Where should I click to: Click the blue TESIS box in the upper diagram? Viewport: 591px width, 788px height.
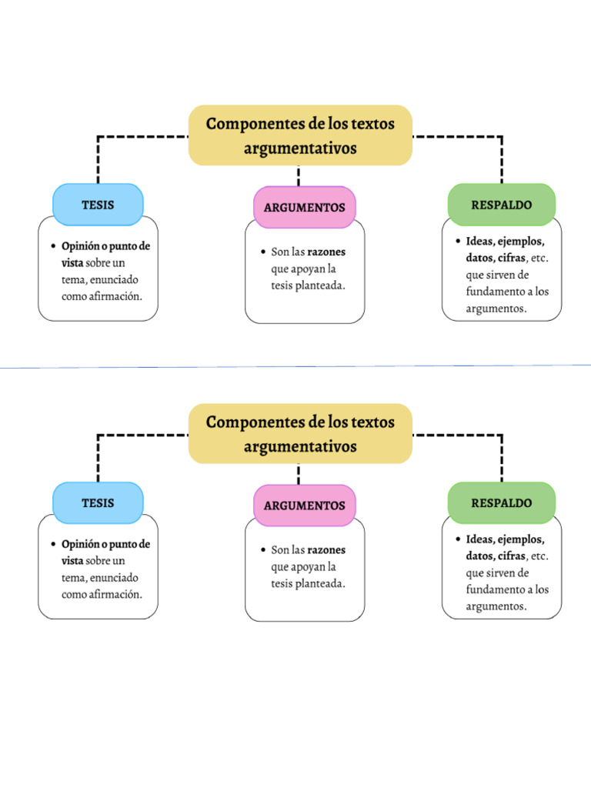tap(98, 205)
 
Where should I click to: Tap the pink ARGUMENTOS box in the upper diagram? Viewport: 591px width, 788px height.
tap(305, 208)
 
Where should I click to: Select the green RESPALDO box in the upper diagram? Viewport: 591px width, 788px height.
tap(502, 205)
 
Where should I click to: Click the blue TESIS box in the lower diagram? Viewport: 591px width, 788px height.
tap(98, 503)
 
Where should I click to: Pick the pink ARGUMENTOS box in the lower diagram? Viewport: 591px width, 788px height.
tap(305, 506)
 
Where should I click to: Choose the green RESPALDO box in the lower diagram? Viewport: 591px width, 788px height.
tap(502, 503)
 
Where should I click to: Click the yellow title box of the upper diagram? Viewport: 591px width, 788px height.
tap(300, 135)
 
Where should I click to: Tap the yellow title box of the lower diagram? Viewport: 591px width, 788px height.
tap(300, 433)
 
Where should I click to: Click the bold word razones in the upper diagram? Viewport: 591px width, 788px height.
tap(326, 252)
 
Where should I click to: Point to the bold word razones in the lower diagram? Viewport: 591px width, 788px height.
tap(326, 550)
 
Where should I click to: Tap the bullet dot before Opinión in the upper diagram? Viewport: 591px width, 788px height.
tap(53, 246)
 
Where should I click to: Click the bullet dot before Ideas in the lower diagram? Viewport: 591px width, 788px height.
tap(457, 539)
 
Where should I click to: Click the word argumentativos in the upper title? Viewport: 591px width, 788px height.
tap(300, 148)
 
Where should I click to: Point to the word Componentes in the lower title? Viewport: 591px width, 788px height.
tap(254, 422)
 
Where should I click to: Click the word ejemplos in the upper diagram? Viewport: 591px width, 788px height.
tap(523, 241)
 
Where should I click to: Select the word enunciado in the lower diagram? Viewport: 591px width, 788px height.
tap(113, 577)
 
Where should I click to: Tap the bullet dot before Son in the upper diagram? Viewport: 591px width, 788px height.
tap(262, 252)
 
